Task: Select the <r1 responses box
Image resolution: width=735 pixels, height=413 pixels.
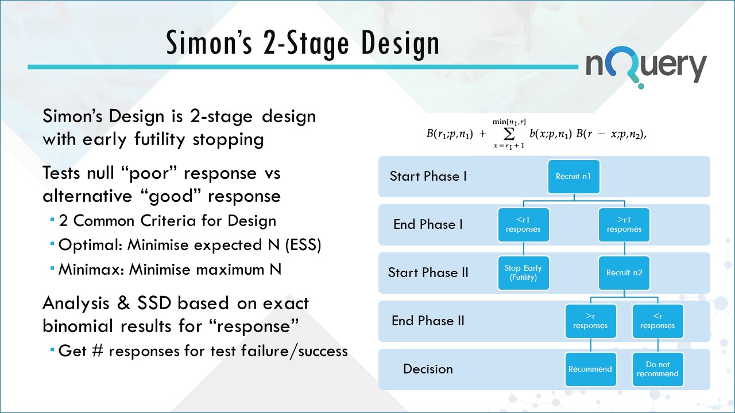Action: [x=524, y=224]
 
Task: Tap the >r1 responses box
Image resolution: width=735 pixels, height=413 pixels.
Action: [x=624, y=224]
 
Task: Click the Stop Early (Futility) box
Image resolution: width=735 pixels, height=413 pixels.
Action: [x=524, y=272]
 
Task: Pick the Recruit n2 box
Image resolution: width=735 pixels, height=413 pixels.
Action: [x=624, y=272]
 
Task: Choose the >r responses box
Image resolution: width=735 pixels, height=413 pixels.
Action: [x=590, y=321]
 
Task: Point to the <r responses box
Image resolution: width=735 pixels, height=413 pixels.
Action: [x=657, y=321]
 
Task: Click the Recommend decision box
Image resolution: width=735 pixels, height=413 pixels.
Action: [x=590, y=369]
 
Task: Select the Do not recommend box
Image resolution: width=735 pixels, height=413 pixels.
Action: [x=657, y=369]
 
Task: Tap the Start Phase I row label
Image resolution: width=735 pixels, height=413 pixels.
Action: [x=428, y=176]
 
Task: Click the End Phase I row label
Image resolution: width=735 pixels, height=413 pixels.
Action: [x=428, y=224]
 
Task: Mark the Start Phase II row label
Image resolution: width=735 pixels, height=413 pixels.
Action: [x=428, y=272]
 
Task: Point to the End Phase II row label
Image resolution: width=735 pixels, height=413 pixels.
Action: [x=428, y=321]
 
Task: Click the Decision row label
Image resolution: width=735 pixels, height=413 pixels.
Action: [x=428, y=369]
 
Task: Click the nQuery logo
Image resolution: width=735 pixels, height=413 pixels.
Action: [x=645, y=68]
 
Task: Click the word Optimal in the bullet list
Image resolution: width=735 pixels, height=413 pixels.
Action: [x=90, y=245]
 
